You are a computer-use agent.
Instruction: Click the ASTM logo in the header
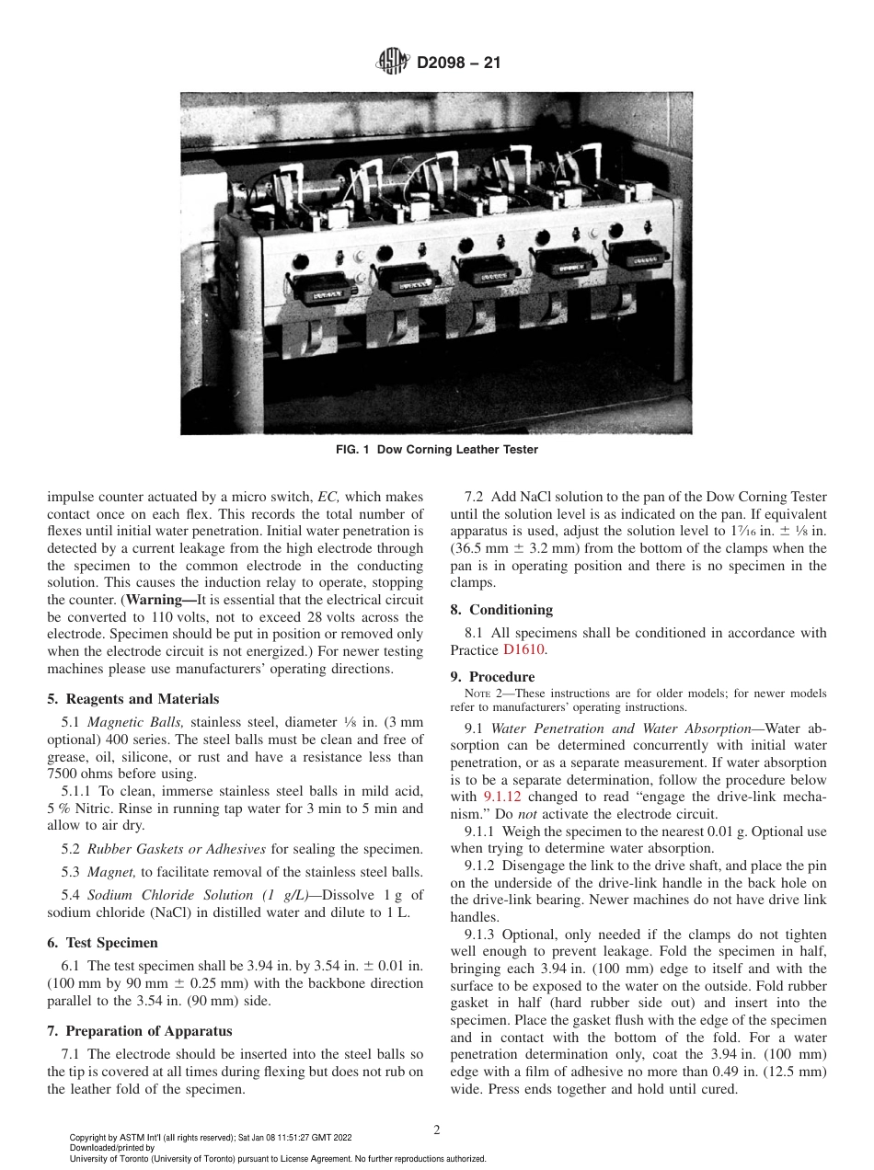pos(394,63)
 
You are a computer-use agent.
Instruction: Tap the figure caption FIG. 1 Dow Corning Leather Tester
pos(436,450)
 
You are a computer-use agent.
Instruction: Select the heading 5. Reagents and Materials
pos(132,699)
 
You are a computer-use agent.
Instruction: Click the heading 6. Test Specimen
pos(102,943)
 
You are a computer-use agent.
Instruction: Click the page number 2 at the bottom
pos(437,1130)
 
